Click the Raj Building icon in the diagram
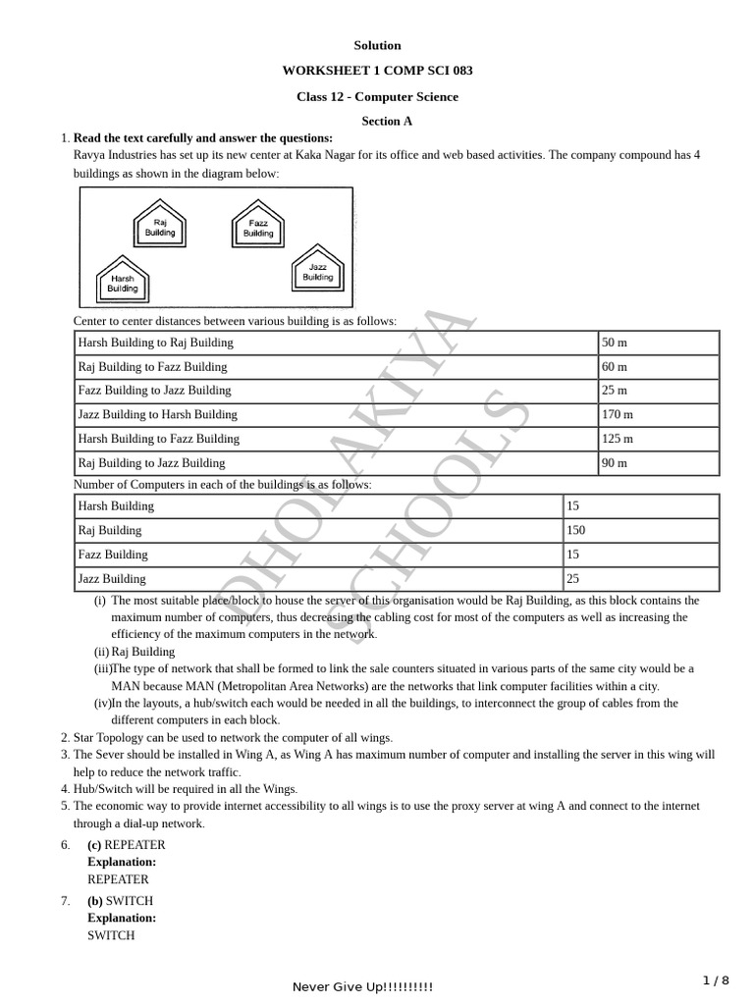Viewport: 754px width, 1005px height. (x=160, y=224)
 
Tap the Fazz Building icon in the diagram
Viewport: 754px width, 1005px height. (x=258, y=226)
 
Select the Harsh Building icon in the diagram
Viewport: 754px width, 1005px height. (x=123, y=281)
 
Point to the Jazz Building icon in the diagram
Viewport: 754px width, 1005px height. (x=318, y=269)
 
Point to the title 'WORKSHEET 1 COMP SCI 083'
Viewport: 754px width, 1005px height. (x=377, y=71)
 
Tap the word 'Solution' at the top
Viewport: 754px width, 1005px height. (x=377, y=45)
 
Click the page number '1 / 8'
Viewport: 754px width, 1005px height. (x=717, y=980)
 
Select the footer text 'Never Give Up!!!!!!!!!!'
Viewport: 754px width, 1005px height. (x=362, y=987)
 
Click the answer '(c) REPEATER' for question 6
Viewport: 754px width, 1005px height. (x=127, y=845)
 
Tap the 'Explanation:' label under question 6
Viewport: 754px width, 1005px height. (x=122, y=863)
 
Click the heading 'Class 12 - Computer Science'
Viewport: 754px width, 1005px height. (x=377, y=97)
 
